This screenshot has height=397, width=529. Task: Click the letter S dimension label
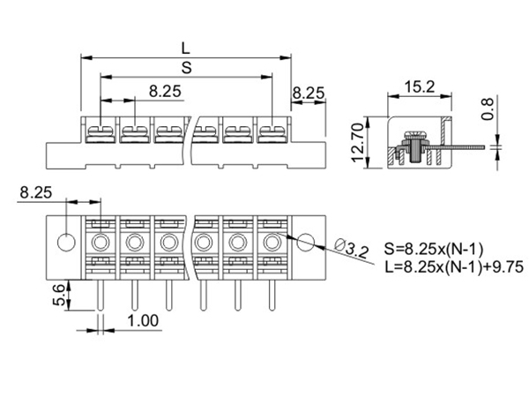pyautogui.click(x=185, y=68)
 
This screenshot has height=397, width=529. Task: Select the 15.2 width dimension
pyautogui.click(x=416, y=86)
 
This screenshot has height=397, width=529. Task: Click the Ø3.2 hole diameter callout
pyautogui.click(x=353, y=251)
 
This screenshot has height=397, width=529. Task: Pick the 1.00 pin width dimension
pyautogui.click(x=142, y=321)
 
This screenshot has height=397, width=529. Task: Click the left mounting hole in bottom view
pyautogui.click(x=66, y=241)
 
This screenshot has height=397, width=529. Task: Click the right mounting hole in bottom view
pyautogui.click(x=305, y=241)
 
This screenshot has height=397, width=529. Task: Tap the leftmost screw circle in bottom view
pyautogui.click(x=101, y=242)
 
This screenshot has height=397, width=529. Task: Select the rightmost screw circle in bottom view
pyautogui.click(x=271, y=242)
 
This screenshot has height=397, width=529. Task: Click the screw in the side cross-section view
pyautogui.click(x=411, y=146)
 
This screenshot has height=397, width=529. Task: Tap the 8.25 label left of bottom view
pyautogui.click(x=35, y=191)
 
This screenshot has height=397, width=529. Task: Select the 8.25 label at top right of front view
pyautogui.click(x=309, y=91)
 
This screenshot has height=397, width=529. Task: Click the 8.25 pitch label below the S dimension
pyautogui.click(x=165, y=91)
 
